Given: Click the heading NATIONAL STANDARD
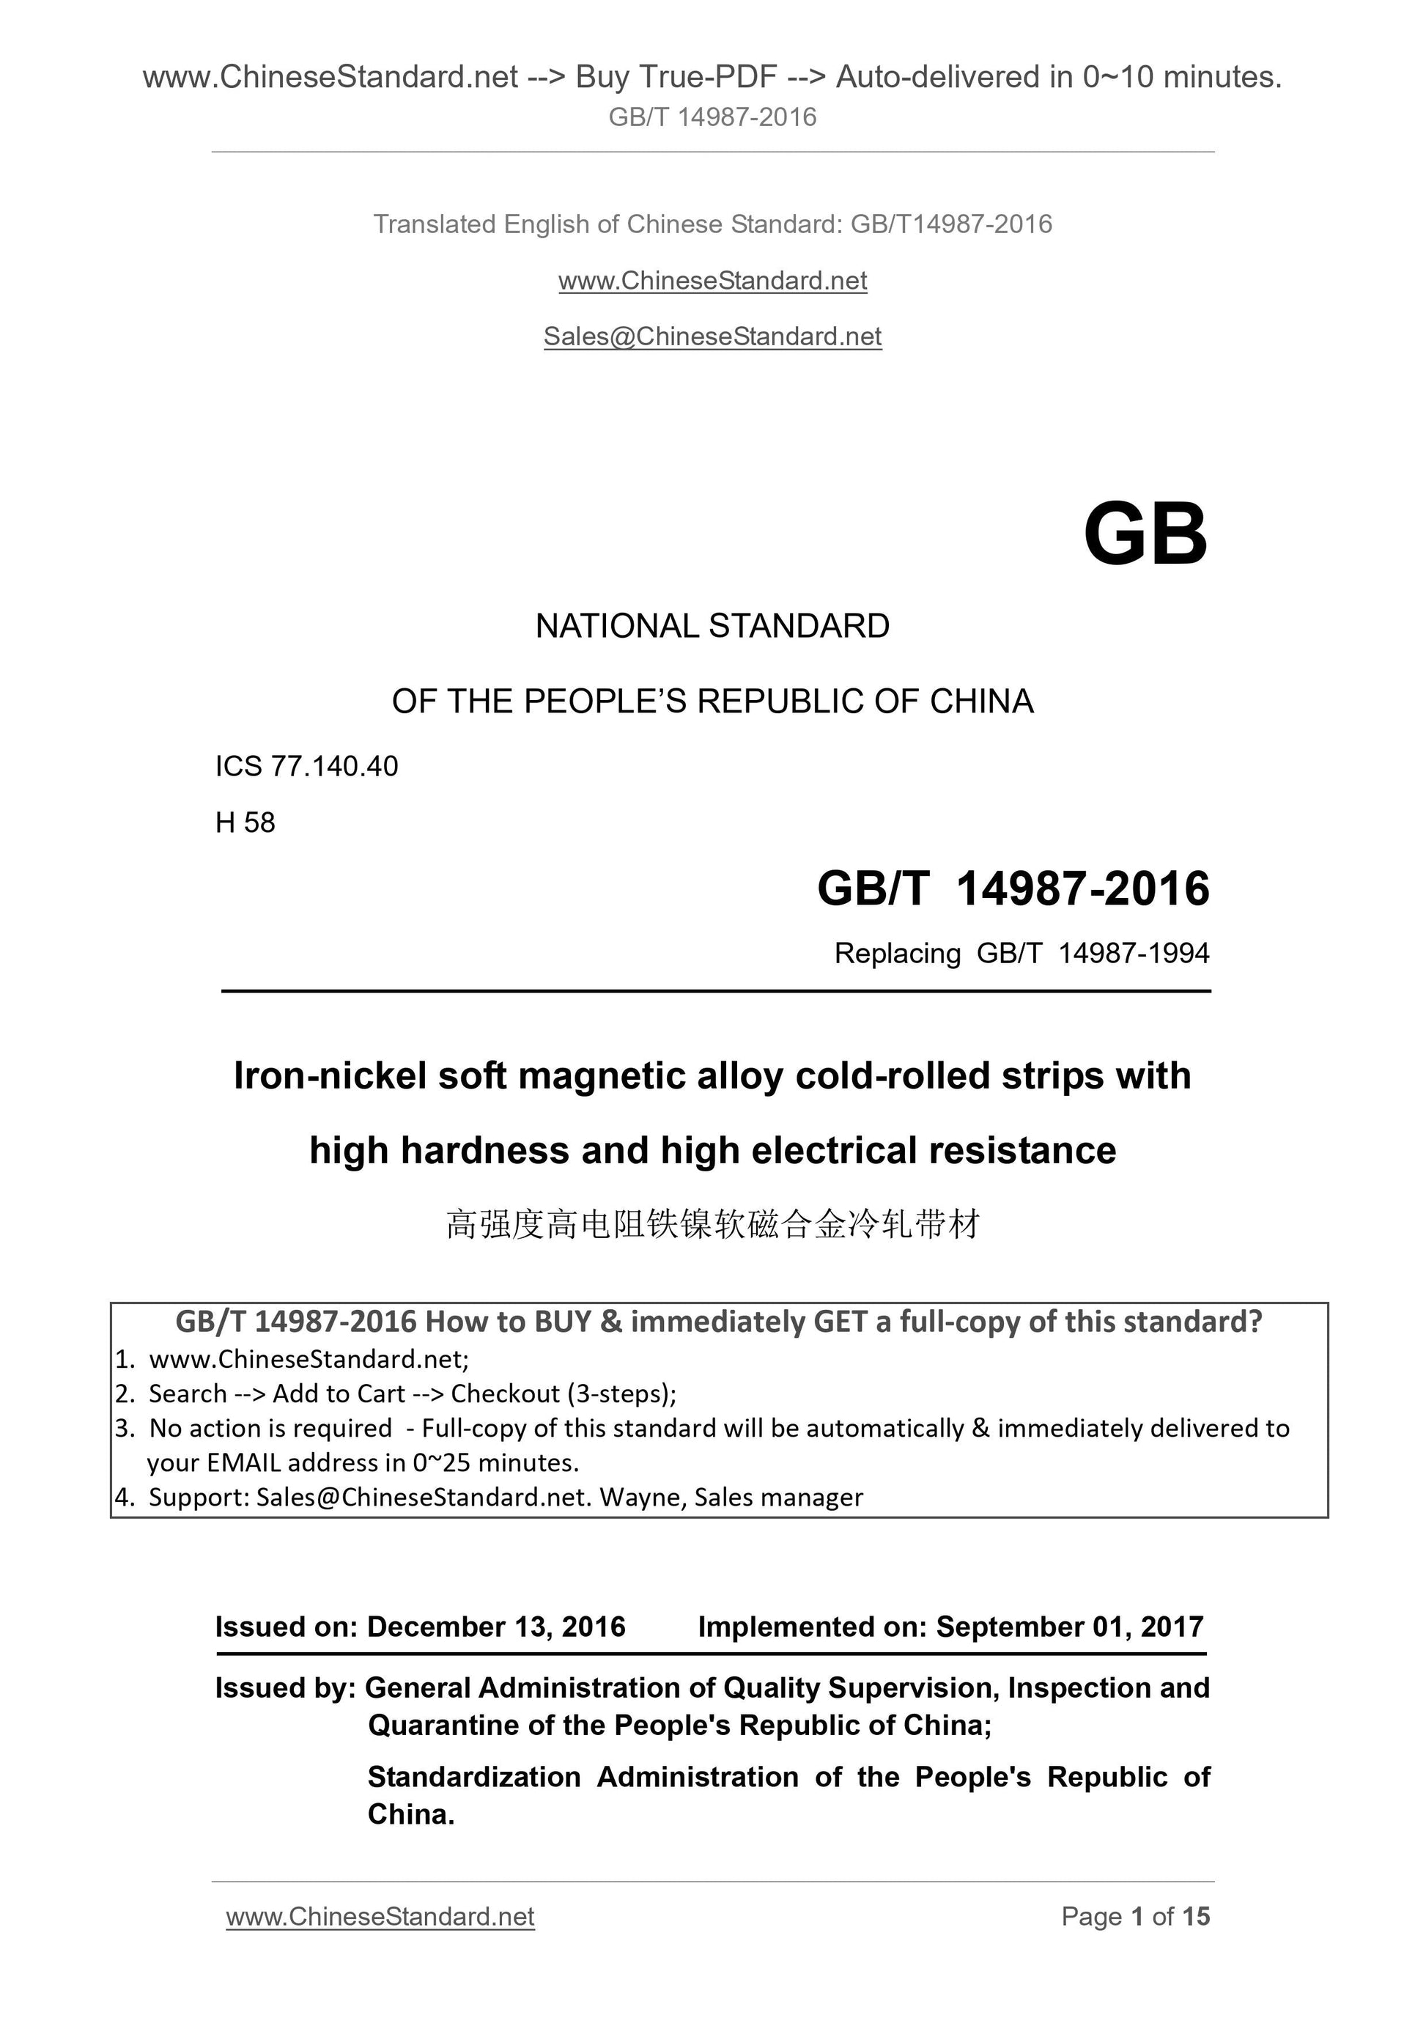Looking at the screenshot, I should [x=712, y=626].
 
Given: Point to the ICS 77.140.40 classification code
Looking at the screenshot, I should [x=306, y=767].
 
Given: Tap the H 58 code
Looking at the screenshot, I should [x=245, y=822].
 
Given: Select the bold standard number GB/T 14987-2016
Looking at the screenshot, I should [x=1013, y=888].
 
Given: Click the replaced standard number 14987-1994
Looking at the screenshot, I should [x=1134, y=953].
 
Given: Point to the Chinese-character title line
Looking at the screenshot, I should [x=712, y=1224].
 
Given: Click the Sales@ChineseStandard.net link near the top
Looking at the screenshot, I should [x=712, y=336].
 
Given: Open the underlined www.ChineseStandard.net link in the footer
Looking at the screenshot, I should [x=380, y=1916].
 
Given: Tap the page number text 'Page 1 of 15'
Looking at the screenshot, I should [x=1135, y=1916].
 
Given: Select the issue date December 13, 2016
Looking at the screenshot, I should [x=495, y=1627].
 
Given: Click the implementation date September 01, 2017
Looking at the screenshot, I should [x=1069, y=1627].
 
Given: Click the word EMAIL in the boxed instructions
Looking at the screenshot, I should [x=244, y=1462].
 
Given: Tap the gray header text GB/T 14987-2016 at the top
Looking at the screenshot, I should [x=712, y=117].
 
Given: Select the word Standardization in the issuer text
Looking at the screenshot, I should [x=473, y=1776].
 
